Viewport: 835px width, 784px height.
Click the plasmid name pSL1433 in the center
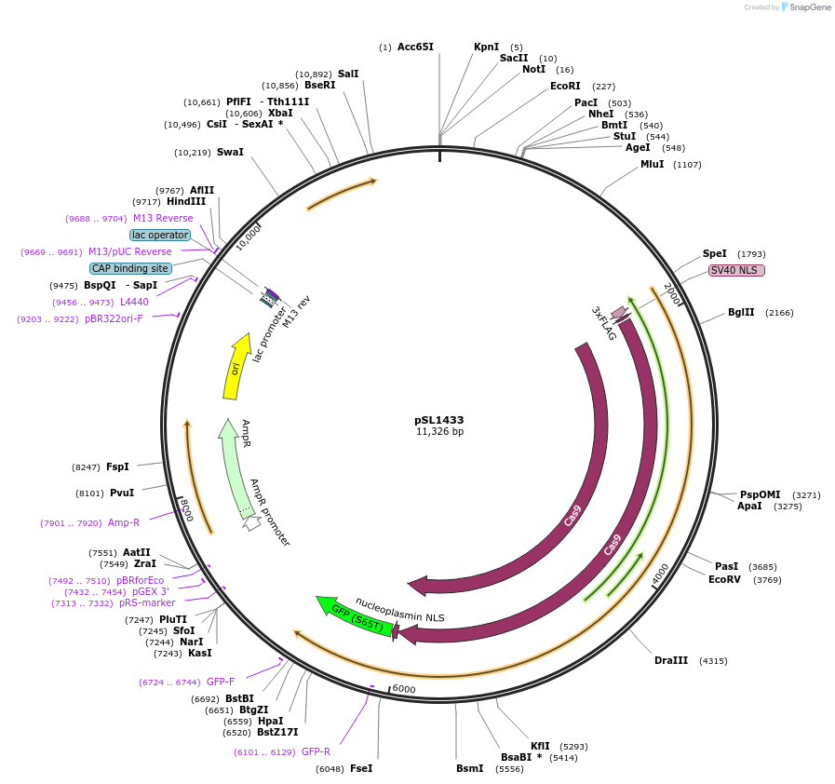coord(438,420)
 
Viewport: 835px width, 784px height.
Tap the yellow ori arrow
coord(237,367)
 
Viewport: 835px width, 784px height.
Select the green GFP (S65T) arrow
coord(354,617)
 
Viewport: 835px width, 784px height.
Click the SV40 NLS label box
coord(736,270)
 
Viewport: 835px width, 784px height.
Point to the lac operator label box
coord(159,235)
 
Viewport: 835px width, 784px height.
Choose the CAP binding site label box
coord(130,268)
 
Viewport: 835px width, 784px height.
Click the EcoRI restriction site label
coord(565,86)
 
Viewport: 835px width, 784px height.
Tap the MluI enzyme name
coord(652,164)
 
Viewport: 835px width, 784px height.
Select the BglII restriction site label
coord(742,312)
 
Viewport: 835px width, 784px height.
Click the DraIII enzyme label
coord(670,660)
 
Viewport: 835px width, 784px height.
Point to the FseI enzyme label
coord(361,768)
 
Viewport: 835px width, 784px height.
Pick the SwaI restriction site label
coord(230,152)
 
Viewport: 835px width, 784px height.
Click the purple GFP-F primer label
coord(221,682)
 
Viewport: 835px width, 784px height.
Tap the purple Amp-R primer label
coord(123,522)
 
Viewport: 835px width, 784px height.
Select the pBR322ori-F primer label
coord(114,318)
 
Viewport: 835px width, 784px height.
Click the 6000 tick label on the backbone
coord(403,689)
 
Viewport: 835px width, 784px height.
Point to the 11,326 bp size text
coord(439,432)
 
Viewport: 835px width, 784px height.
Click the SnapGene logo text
coord(806,7)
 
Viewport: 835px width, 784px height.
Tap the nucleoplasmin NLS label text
coord(400,609)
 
